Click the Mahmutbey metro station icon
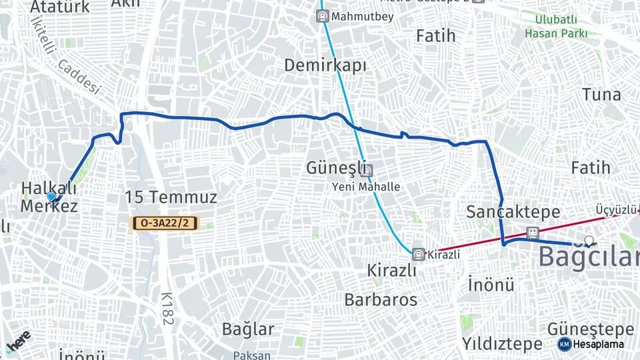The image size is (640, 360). [x=323, y=16]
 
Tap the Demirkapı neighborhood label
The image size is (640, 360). [x=325, y=65]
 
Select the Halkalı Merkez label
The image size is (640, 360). [x=49, y=197]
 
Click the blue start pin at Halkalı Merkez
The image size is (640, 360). [x=51, y=197]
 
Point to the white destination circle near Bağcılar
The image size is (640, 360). [x=588, y=241]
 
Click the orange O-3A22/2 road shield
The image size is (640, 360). [x=165, y=223]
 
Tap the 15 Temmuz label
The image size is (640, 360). [x=171, y=197]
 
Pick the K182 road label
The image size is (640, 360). [x=167, y=309]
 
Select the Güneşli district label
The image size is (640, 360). [x=334, y=167]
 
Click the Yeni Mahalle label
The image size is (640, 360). [x=366, y=187]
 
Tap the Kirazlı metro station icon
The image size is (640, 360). [x=418, y=254]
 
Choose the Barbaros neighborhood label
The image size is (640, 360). [x=381, y=300]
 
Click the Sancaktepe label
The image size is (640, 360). [x=513, y=212]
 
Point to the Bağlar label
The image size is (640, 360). [x=248, y=329]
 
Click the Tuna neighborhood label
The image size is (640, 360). [x=601, y=94]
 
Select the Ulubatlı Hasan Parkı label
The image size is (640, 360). [x=556, y=26]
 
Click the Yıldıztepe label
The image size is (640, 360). [x=502, y=344]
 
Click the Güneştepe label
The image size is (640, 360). [x=590, y=329]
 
